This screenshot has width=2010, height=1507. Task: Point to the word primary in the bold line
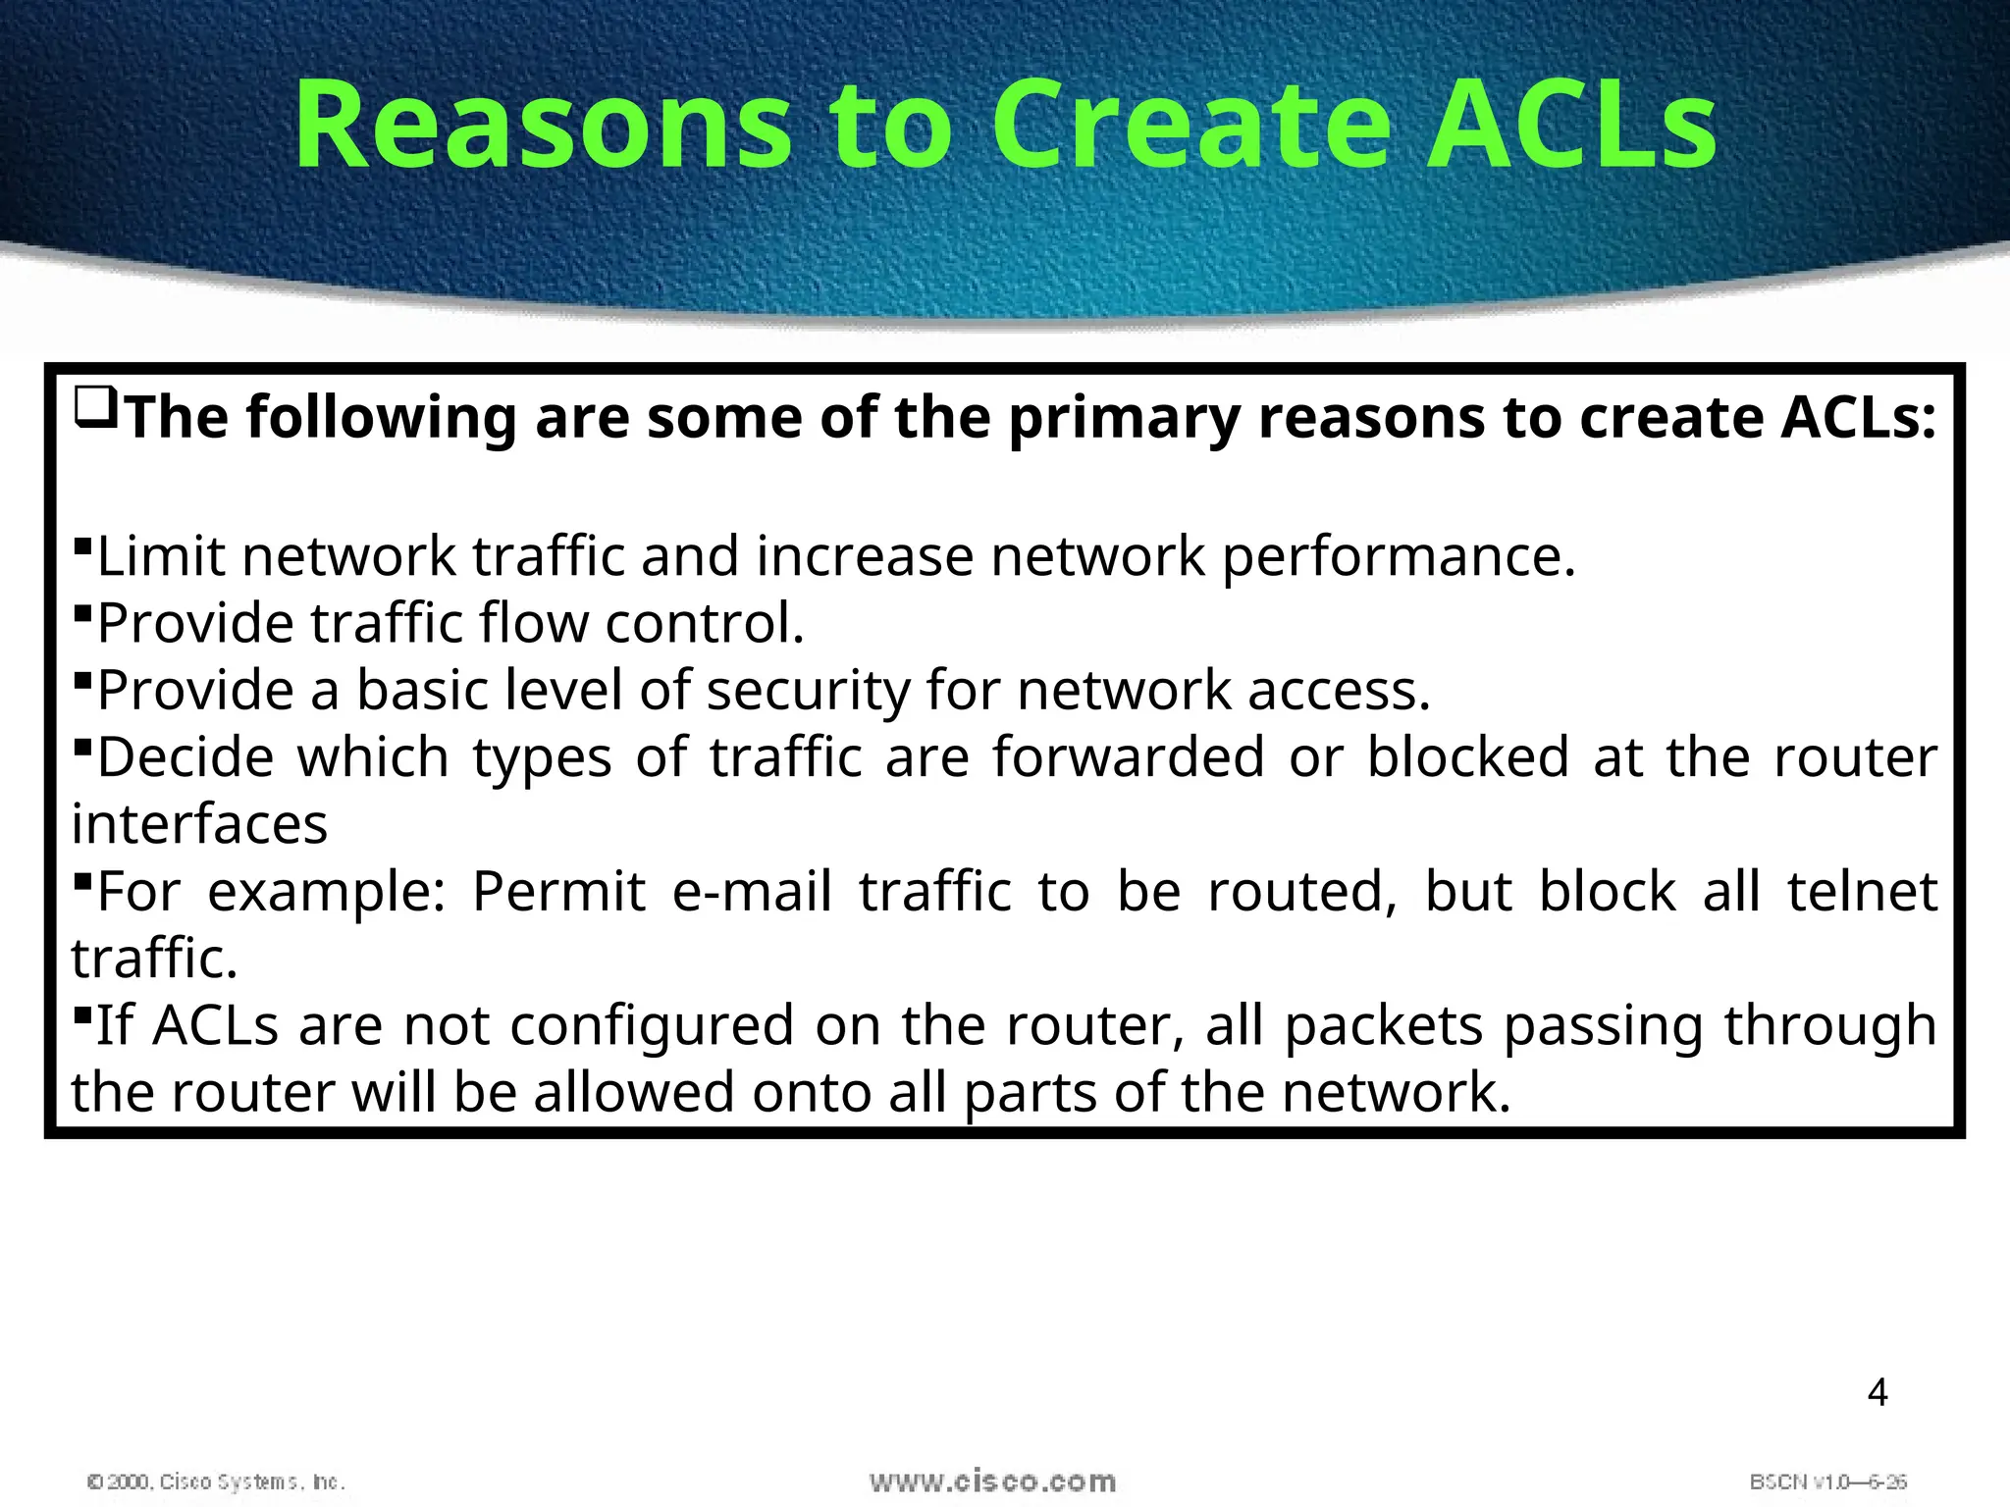1124,418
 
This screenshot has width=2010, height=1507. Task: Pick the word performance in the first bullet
1399,556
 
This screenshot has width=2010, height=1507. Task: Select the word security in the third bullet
809,690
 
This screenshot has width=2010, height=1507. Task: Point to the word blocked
1468,757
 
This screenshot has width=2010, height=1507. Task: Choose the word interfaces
199,824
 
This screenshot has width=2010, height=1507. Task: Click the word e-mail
752,891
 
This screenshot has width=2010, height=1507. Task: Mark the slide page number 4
1877,1393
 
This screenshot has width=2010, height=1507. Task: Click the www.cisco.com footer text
992,1481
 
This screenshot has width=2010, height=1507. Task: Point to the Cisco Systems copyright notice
216,1481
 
